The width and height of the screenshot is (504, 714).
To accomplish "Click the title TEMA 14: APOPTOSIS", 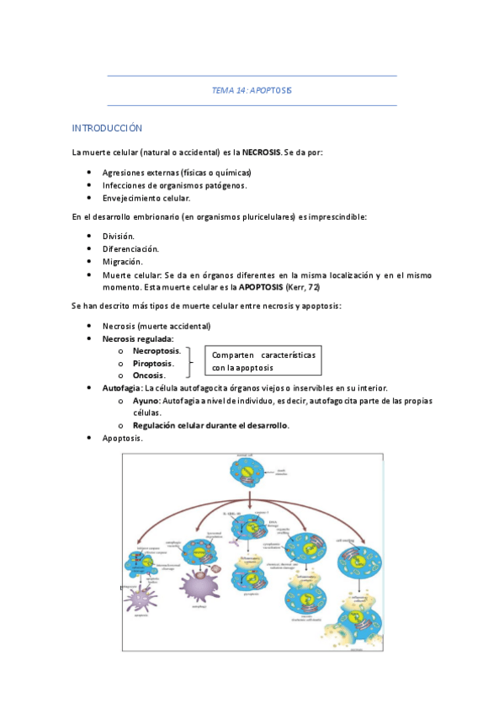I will point(252,90).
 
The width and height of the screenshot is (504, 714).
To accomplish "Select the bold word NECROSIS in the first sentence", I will point(263,152).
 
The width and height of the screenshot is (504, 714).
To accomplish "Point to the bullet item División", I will point(119,237).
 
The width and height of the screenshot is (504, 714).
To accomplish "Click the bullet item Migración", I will point(122,262).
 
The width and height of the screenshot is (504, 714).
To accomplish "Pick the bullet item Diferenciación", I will point(130,249).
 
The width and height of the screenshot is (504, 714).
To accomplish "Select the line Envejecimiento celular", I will point(146,199).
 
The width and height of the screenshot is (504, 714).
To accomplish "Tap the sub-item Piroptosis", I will point(153,363).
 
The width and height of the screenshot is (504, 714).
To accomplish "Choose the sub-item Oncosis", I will point(149,376).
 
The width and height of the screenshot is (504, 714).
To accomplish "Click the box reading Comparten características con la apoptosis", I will point(263,361).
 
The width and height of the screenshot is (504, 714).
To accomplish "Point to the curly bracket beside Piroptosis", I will point(191,363).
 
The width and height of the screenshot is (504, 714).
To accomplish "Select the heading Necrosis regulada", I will point(138,338).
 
